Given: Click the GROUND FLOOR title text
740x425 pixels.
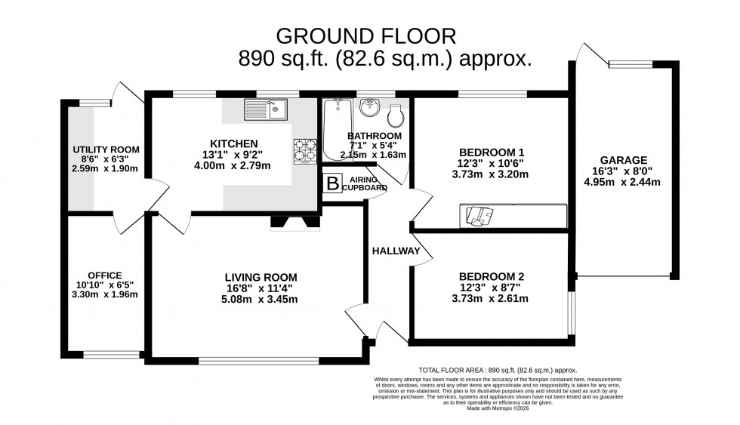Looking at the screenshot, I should coord(366,35).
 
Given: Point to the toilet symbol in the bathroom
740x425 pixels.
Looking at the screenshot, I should coord(395,115).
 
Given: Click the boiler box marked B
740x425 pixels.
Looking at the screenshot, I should coord(330,183).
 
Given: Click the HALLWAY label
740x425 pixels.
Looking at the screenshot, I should coord(395,251).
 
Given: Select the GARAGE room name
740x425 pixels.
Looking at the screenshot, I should coord(624,160).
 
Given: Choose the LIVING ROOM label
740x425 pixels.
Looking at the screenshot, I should coord(259,276).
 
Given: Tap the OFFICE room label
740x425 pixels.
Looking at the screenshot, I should coord(104,274).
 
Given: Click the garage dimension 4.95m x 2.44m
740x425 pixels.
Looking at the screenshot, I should coord(624,183).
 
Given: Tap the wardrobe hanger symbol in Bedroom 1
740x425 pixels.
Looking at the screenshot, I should coord(476,216).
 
